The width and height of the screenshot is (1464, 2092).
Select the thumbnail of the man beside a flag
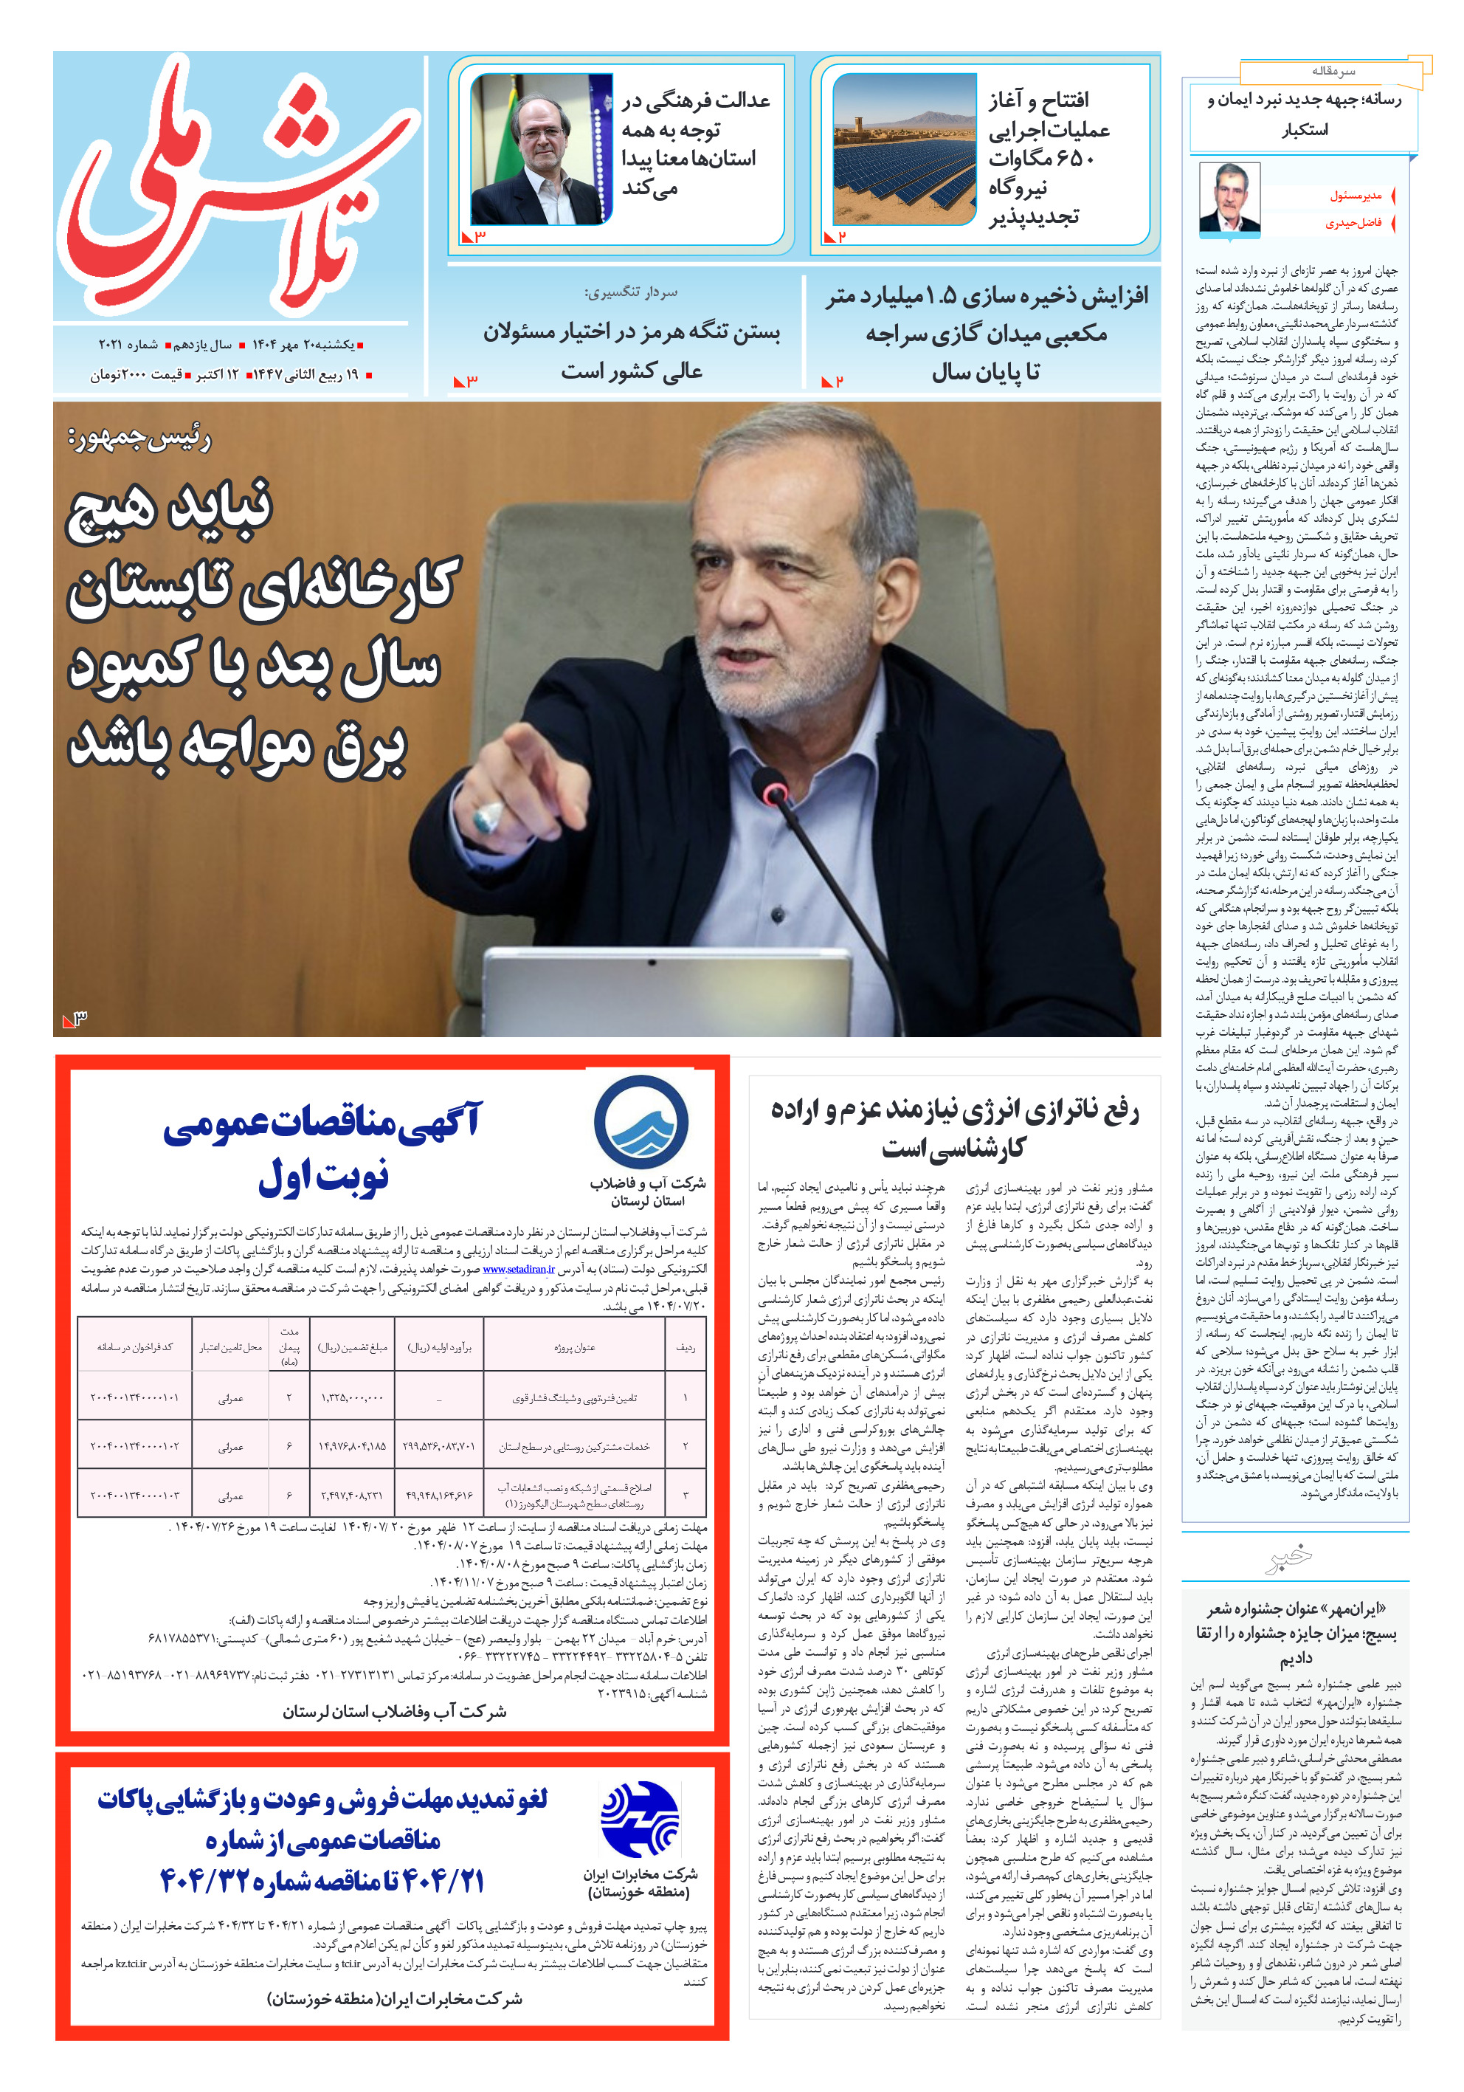[540, 149]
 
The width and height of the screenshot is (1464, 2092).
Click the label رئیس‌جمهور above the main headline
[139, 439]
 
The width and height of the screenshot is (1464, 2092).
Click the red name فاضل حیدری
[1352, 223]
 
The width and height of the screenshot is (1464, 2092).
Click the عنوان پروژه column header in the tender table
[574, 1346]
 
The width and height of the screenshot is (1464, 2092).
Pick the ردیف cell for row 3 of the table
[685, 1494]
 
